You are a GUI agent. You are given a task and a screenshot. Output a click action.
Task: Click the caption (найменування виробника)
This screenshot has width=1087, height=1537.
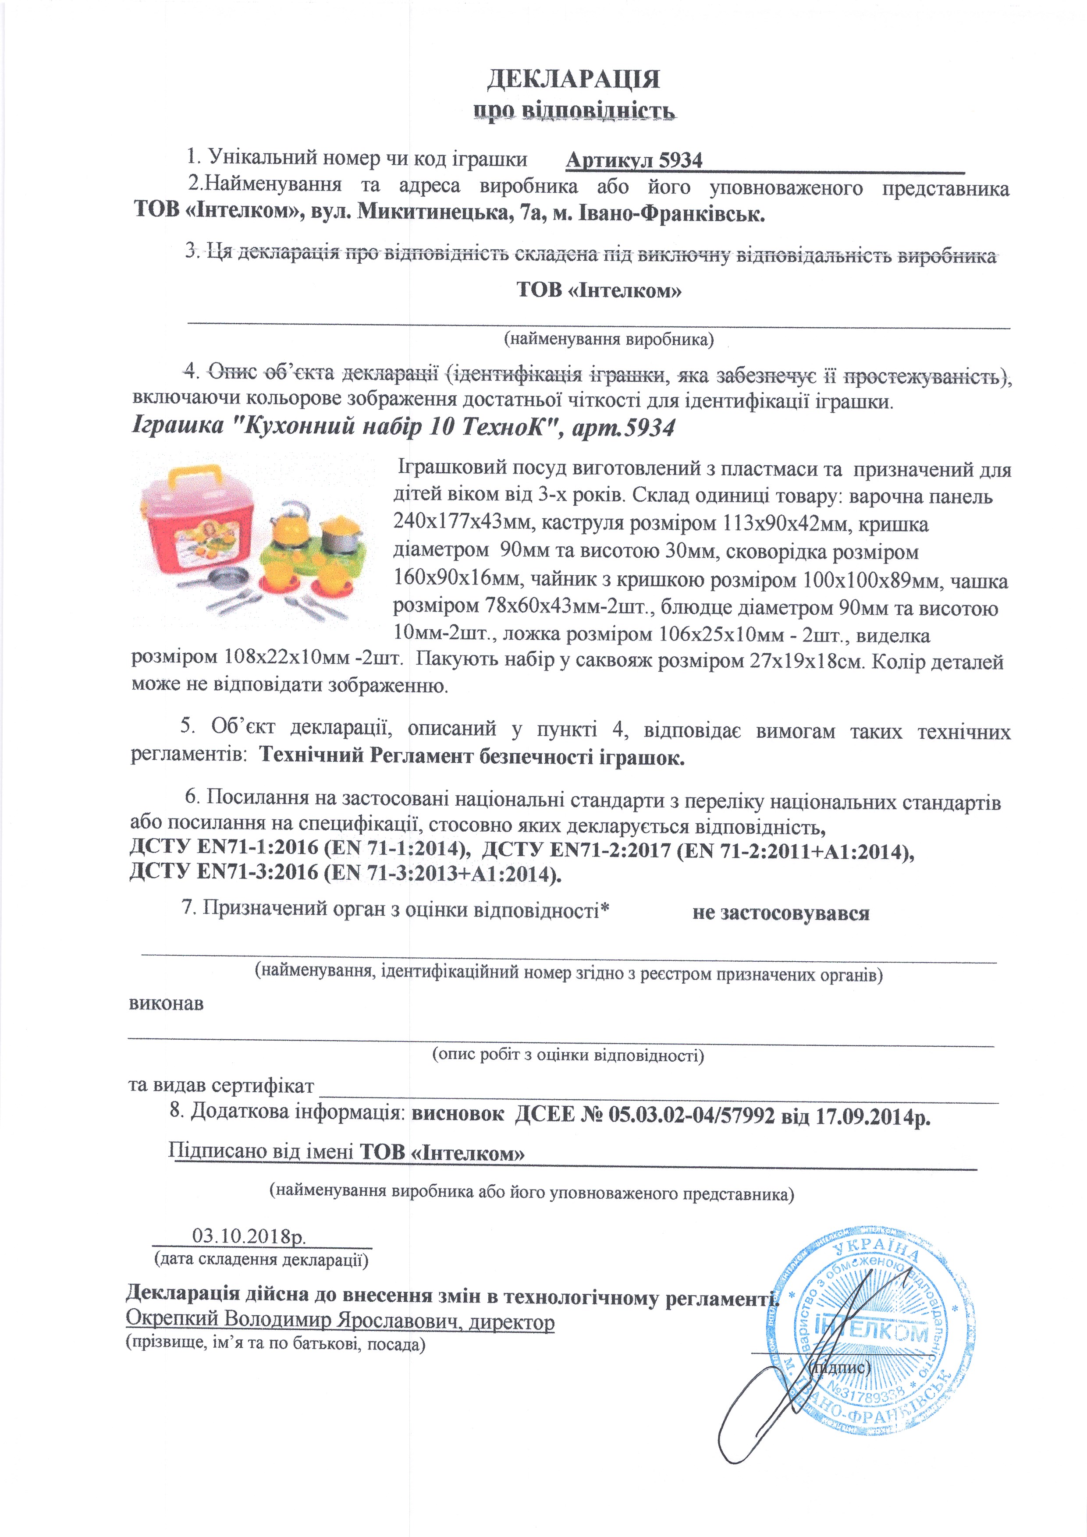(608, 340)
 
